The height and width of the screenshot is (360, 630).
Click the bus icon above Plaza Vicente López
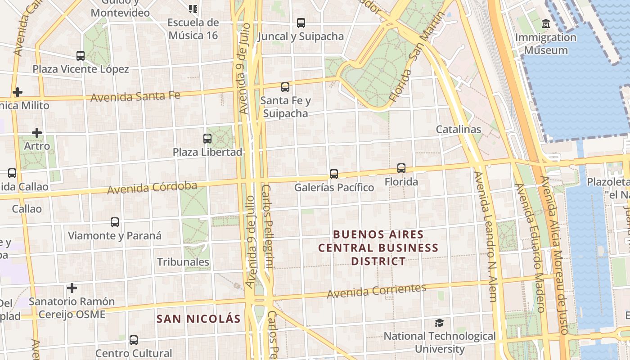81,56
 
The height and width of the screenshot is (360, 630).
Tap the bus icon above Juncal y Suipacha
301,22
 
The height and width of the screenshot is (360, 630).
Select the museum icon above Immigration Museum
546,23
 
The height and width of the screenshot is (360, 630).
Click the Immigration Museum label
546,44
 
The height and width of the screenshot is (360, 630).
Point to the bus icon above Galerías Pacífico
334,174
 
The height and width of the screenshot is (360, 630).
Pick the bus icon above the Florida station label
401,168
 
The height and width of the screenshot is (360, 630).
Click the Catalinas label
459,130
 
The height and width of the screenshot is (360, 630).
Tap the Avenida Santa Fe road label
135,96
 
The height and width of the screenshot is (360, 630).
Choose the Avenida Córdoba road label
152,187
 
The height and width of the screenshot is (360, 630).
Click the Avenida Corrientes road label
376,291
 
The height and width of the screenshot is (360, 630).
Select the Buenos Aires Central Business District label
378,248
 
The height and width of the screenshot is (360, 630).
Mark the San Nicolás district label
198,319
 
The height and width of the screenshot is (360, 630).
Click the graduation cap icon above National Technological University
439,323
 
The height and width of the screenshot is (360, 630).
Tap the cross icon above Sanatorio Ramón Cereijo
72,288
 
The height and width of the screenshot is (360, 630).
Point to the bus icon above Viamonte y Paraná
115,222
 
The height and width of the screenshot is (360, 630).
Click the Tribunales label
183,262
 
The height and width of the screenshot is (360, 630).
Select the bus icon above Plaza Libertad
207,139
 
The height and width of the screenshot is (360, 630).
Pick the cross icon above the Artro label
37,133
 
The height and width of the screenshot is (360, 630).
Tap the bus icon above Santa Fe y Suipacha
285,87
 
